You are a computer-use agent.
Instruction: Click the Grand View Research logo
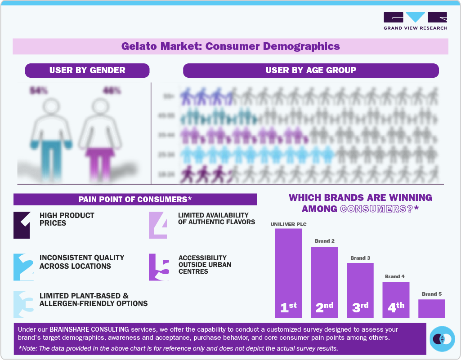[x=415, y=20]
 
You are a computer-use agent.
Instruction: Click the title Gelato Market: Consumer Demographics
[x=230, y=46]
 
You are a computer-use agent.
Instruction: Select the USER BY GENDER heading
[x=87, y=70]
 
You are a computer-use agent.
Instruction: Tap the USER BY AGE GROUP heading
[x=311, y=70]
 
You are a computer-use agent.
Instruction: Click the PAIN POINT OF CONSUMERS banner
[x=135, y=199]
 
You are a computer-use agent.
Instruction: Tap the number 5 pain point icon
[x=159, y=268]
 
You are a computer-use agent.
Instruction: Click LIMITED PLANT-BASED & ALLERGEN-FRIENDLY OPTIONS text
[x=94, y=300]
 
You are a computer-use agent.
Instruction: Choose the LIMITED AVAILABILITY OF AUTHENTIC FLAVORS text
[x=216, y=218]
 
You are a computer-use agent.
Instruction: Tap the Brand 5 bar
[x=431, y=308]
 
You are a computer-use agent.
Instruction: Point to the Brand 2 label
[x=324, y=241]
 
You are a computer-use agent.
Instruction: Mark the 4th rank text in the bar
[x=396, y=307]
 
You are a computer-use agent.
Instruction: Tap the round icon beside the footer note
[x=442, y=339]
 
